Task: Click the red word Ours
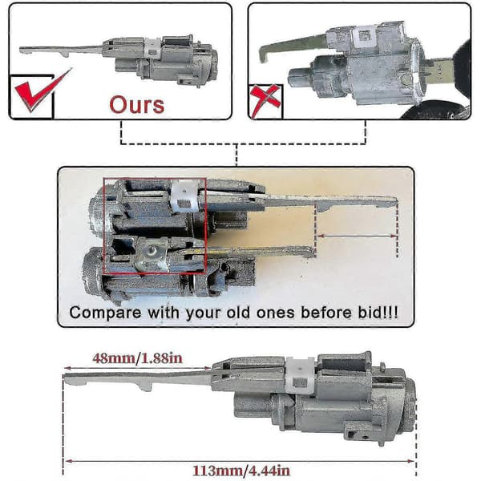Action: coord(137,105)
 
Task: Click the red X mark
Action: coord(265,101)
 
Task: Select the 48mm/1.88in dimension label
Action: coord(137,358)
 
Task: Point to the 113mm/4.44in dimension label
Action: coord(241,471)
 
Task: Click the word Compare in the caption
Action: coord(105,313)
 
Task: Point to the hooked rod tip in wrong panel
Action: coord(264,55)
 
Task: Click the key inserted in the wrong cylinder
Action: coord(439,70)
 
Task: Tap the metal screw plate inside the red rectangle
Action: coord(152,255)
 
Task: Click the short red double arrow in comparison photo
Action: coord(357,236)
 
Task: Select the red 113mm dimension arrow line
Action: coord(240,461)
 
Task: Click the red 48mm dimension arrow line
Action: coord(137,368)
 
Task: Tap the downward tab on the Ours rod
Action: coord(65,54)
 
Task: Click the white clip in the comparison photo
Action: coord(184,196)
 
